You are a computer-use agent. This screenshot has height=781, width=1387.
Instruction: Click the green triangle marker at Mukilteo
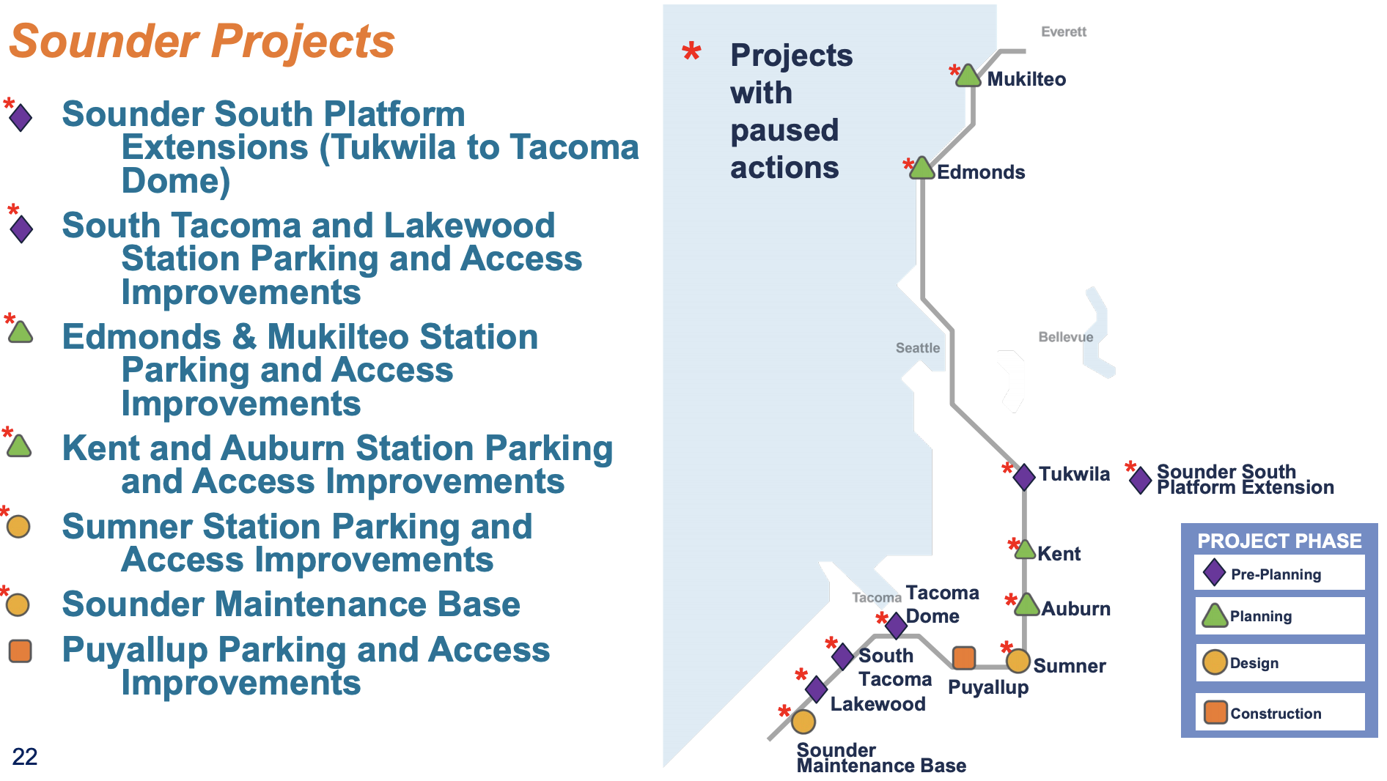[968, 76]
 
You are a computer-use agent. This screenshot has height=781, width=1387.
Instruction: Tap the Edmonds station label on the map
[981, 172]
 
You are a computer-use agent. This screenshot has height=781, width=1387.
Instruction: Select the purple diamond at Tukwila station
[1024, 476]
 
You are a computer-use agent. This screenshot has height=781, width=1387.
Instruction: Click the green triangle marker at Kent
[1025, 550]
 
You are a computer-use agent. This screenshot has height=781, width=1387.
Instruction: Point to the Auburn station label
[1075, 609]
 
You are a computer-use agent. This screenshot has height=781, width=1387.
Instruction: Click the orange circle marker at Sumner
[1018, 661]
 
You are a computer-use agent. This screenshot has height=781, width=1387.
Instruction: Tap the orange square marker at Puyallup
[963, 658]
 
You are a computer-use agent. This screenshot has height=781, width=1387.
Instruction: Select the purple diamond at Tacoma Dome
[896, 626]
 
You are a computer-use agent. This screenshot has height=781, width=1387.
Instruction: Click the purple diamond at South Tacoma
[843, 656]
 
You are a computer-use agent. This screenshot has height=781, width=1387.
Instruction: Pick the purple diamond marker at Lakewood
[817, 689]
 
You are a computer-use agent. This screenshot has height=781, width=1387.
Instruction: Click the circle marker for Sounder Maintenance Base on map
[803, 722]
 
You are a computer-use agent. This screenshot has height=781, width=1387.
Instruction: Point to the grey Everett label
[1064, 32]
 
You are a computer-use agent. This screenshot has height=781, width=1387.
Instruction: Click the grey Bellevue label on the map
[1065, 337]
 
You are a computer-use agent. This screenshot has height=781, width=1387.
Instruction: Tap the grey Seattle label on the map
[917, 348]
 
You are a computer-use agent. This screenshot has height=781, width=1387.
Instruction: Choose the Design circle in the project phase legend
[1215, 662]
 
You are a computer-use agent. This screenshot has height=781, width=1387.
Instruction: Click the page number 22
[25, 757]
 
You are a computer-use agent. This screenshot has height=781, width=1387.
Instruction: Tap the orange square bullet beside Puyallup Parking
[20, 651]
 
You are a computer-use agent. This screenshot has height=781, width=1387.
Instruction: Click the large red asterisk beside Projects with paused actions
[691, 51]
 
